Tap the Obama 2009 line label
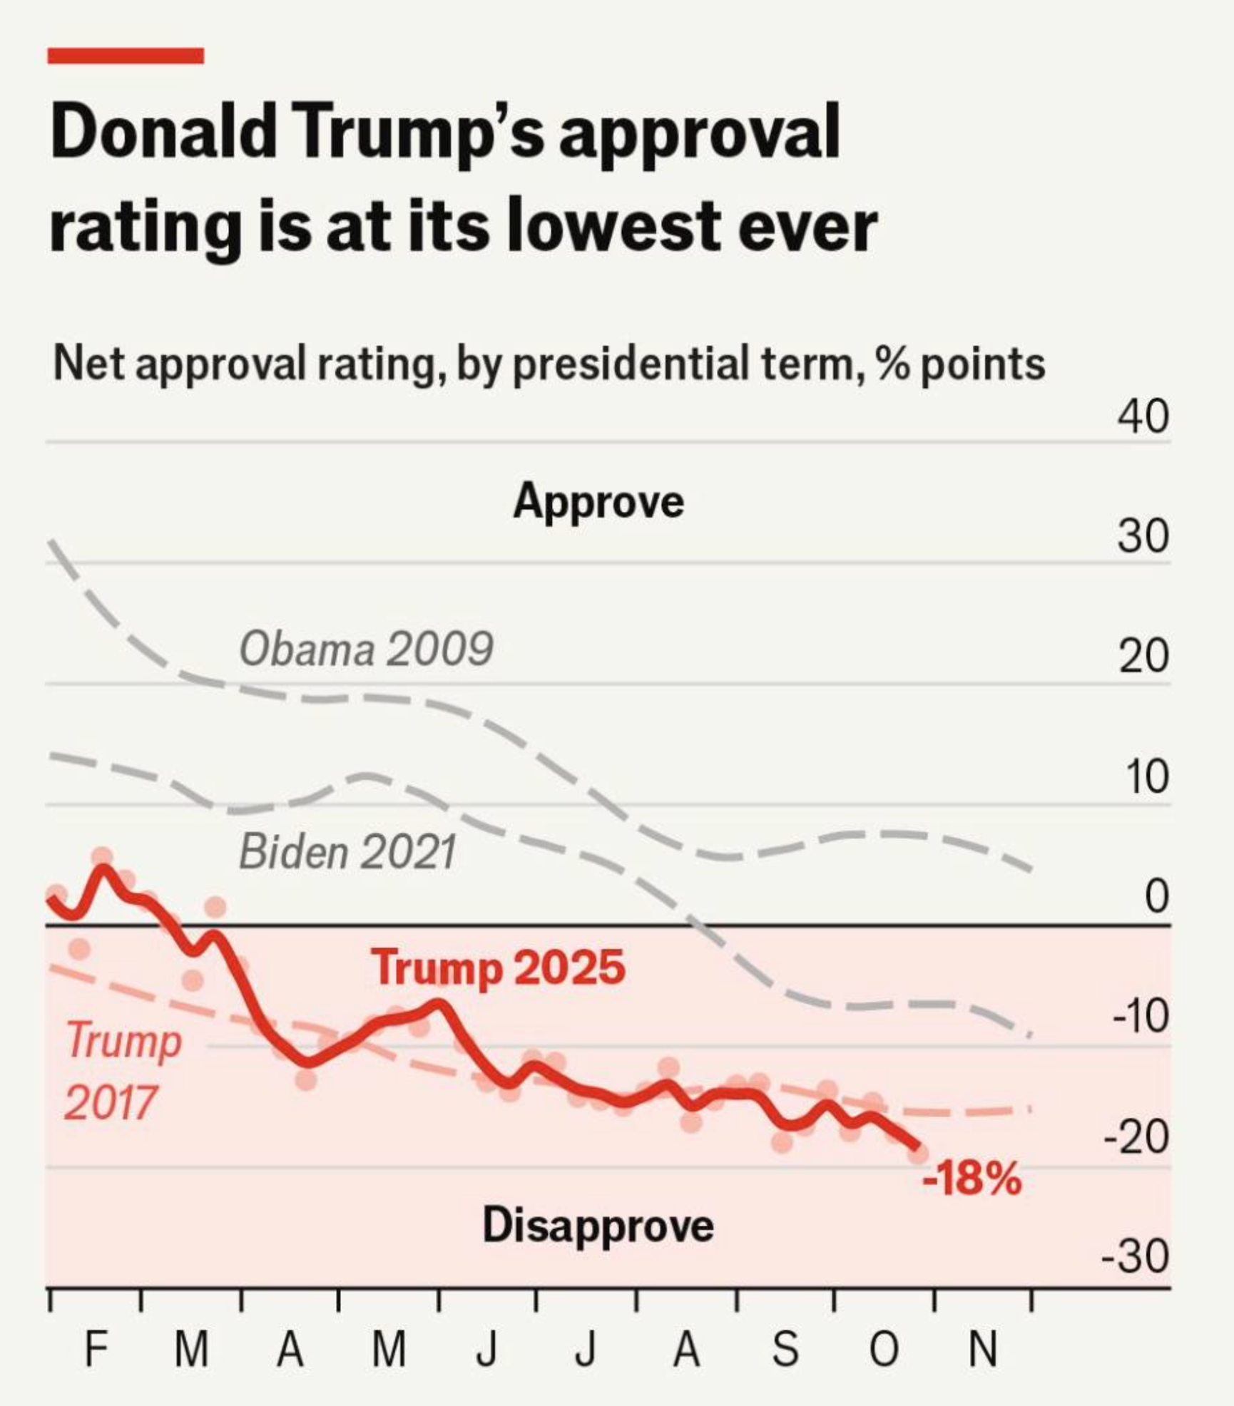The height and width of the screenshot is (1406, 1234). coord(366,649)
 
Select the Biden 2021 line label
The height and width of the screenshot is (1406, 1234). coord(347,852)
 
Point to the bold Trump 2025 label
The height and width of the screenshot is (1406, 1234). coord(498,968)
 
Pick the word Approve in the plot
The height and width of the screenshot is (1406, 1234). coord(598,501)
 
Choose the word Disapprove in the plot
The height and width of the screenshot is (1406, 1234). coord(598,1226)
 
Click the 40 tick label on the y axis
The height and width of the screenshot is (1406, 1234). coord(1143,416)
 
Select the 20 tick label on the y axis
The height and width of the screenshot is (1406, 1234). coord(1143,656)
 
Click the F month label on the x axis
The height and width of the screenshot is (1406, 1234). coord(96,1349)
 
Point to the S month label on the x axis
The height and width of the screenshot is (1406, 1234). coord(785,1349)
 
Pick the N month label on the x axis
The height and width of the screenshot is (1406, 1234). coord(983,1349)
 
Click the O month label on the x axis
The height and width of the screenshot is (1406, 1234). coord(884,1349)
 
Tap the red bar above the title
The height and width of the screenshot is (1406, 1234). coord(126,56)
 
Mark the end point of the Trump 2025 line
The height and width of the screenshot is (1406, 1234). coord(916,1146)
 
